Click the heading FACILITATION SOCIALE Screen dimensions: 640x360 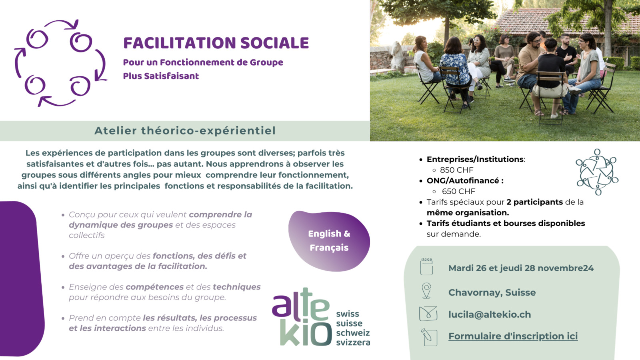point(216,43)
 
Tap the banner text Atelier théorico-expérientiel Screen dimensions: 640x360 point(185,130)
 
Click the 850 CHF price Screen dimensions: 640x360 point(456,170)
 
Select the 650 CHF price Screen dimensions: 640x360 point(458,191)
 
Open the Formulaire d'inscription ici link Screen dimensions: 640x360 point(513,336)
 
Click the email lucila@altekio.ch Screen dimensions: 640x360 point(490,314)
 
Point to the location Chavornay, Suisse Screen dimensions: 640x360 point(492,292)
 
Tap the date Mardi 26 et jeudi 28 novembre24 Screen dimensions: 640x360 point(521,268)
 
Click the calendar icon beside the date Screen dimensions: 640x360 point(426,266)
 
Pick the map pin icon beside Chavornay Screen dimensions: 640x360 point(426,290)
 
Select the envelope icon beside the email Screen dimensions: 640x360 point(428,314)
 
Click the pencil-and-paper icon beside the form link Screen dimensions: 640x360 point(429,337)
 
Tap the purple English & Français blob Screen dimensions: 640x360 point(329,241)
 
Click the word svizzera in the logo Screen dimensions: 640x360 point(353,342)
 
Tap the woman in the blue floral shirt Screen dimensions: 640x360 point(456,75)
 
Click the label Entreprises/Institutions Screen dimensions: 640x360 point(475,159)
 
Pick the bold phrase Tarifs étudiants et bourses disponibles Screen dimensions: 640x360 point(506,223)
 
